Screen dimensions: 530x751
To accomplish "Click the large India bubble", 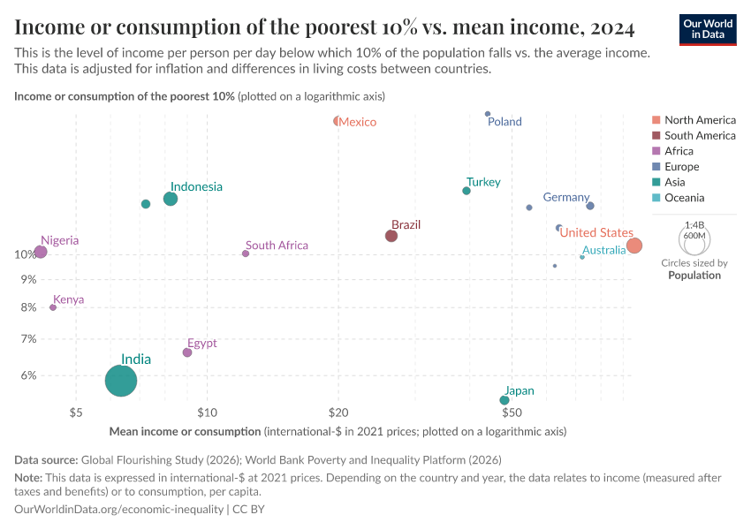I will (x=121, y=381).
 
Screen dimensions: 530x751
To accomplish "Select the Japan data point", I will (x=504, y=400).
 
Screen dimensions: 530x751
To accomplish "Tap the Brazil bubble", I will (x=391, y=236).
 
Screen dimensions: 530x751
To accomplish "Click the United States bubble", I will (x=633, y=246).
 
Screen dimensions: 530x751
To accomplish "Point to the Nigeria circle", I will (x=41, y=253).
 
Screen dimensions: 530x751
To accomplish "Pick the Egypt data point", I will (x=187, y=352).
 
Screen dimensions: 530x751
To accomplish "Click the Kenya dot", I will (x=53, y=307).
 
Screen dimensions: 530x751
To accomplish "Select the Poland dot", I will (x=488, y=114).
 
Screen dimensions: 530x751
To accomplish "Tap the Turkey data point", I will (x=467, y=191).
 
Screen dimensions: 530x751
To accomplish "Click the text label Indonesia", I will (x=196, y=187).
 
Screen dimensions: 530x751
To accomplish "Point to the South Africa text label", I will (x=277, y=246).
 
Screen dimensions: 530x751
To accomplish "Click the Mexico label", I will (x=358, y=122).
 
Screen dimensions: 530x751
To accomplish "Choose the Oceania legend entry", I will (x=685, y=198).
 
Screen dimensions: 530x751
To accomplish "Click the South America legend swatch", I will (x=656, y=135).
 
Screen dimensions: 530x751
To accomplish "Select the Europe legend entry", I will (x=681, y=167).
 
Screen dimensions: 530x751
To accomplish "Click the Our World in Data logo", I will (x=708, y=28).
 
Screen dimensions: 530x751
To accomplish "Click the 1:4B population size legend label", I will (x=694, y=225).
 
